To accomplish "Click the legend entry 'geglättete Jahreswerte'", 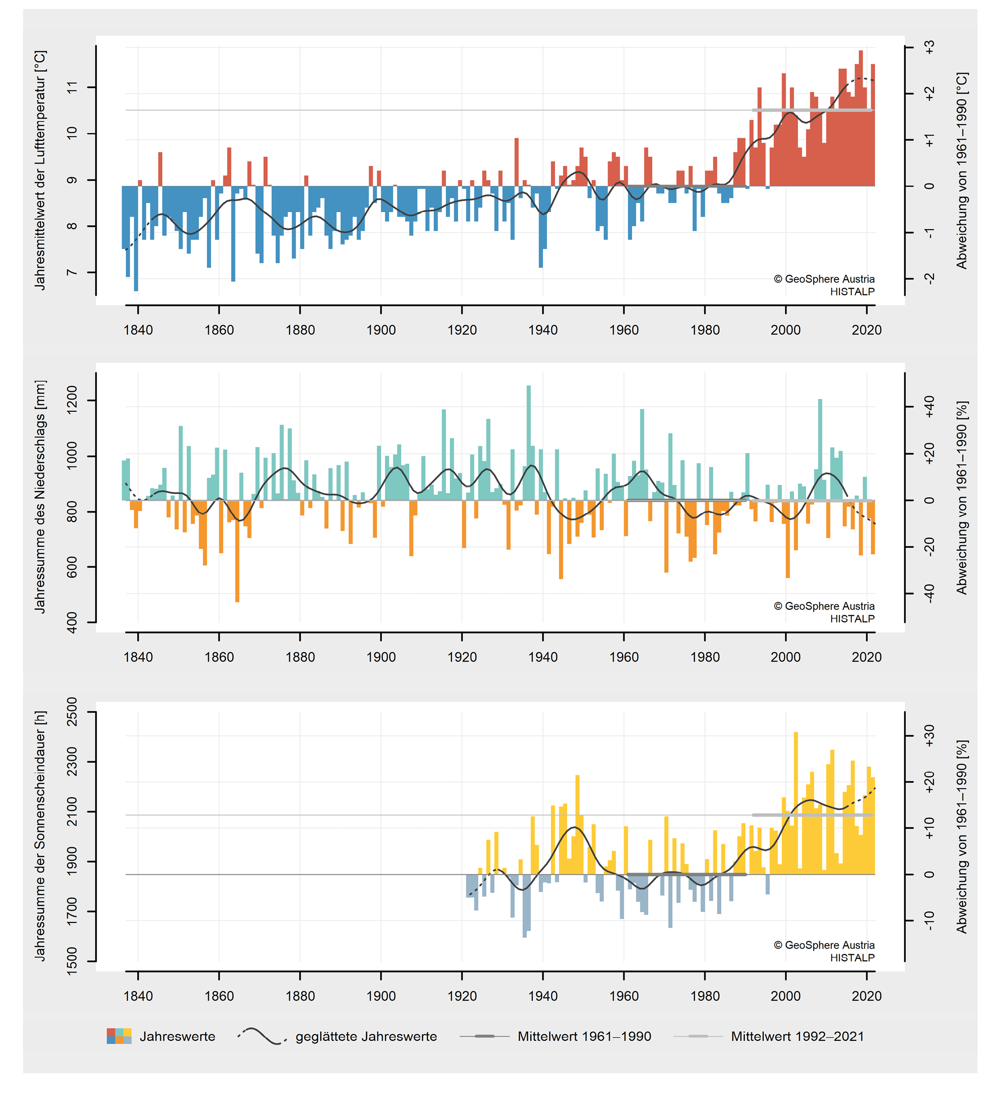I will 366,1037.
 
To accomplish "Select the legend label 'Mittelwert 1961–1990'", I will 584,1037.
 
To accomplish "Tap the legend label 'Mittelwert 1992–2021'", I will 797,1037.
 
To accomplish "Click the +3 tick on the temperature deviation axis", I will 930,47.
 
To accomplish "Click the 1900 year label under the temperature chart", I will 381,329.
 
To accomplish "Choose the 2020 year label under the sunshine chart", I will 866,996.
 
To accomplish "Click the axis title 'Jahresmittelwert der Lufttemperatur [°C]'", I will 40,170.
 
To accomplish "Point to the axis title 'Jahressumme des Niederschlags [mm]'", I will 40,496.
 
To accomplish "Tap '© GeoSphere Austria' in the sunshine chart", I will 824,945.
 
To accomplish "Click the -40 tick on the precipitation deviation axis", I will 930,594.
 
